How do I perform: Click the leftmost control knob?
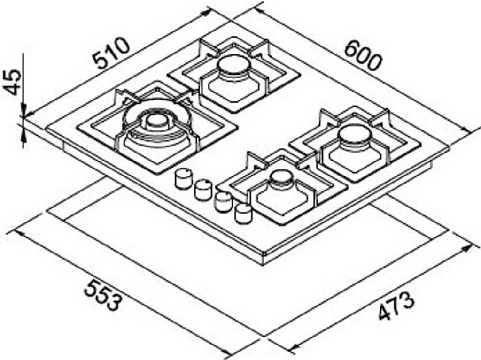183,179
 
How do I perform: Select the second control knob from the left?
203,190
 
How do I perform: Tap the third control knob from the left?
223,202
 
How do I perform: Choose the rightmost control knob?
244,214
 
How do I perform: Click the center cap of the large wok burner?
156,122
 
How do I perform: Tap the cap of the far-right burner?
354,134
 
